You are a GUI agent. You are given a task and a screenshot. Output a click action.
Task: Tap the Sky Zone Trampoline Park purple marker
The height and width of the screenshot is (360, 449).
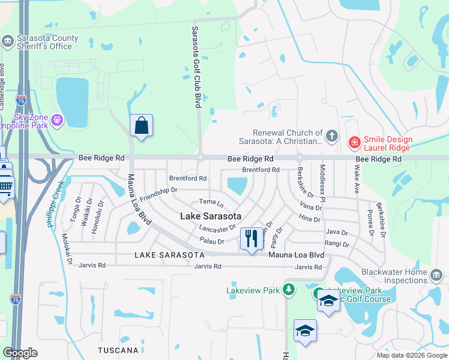(57, 121)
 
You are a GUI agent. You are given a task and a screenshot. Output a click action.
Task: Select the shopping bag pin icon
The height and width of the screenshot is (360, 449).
(141, 126)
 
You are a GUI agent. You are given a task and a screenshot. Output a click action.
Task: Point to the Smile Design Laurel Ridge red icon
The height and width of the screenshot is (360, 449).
(355, 142)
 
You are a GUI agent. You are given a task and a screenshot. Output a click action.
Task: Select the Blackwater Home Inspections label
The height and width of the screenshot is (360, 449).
(394, 276)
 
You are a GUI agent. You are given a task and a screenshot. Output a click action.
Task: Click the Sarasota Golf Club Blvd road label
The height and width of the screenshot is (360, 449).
(196, 67)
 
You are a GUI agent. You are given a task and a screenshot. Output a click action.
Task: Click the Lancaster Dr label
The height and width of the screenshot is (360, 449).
(217, 229)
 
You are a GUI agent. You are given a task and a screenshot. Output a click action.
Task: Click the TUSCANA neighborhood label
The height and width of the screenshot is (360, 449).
(118, 350)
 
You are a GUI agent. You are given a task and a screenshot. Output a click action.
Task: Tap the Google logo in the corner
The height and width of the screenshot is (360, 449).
(20, 353)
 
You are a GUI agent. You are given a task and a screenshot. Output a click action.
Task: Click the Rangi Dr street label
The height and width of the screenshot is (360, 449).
(337, 244)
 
